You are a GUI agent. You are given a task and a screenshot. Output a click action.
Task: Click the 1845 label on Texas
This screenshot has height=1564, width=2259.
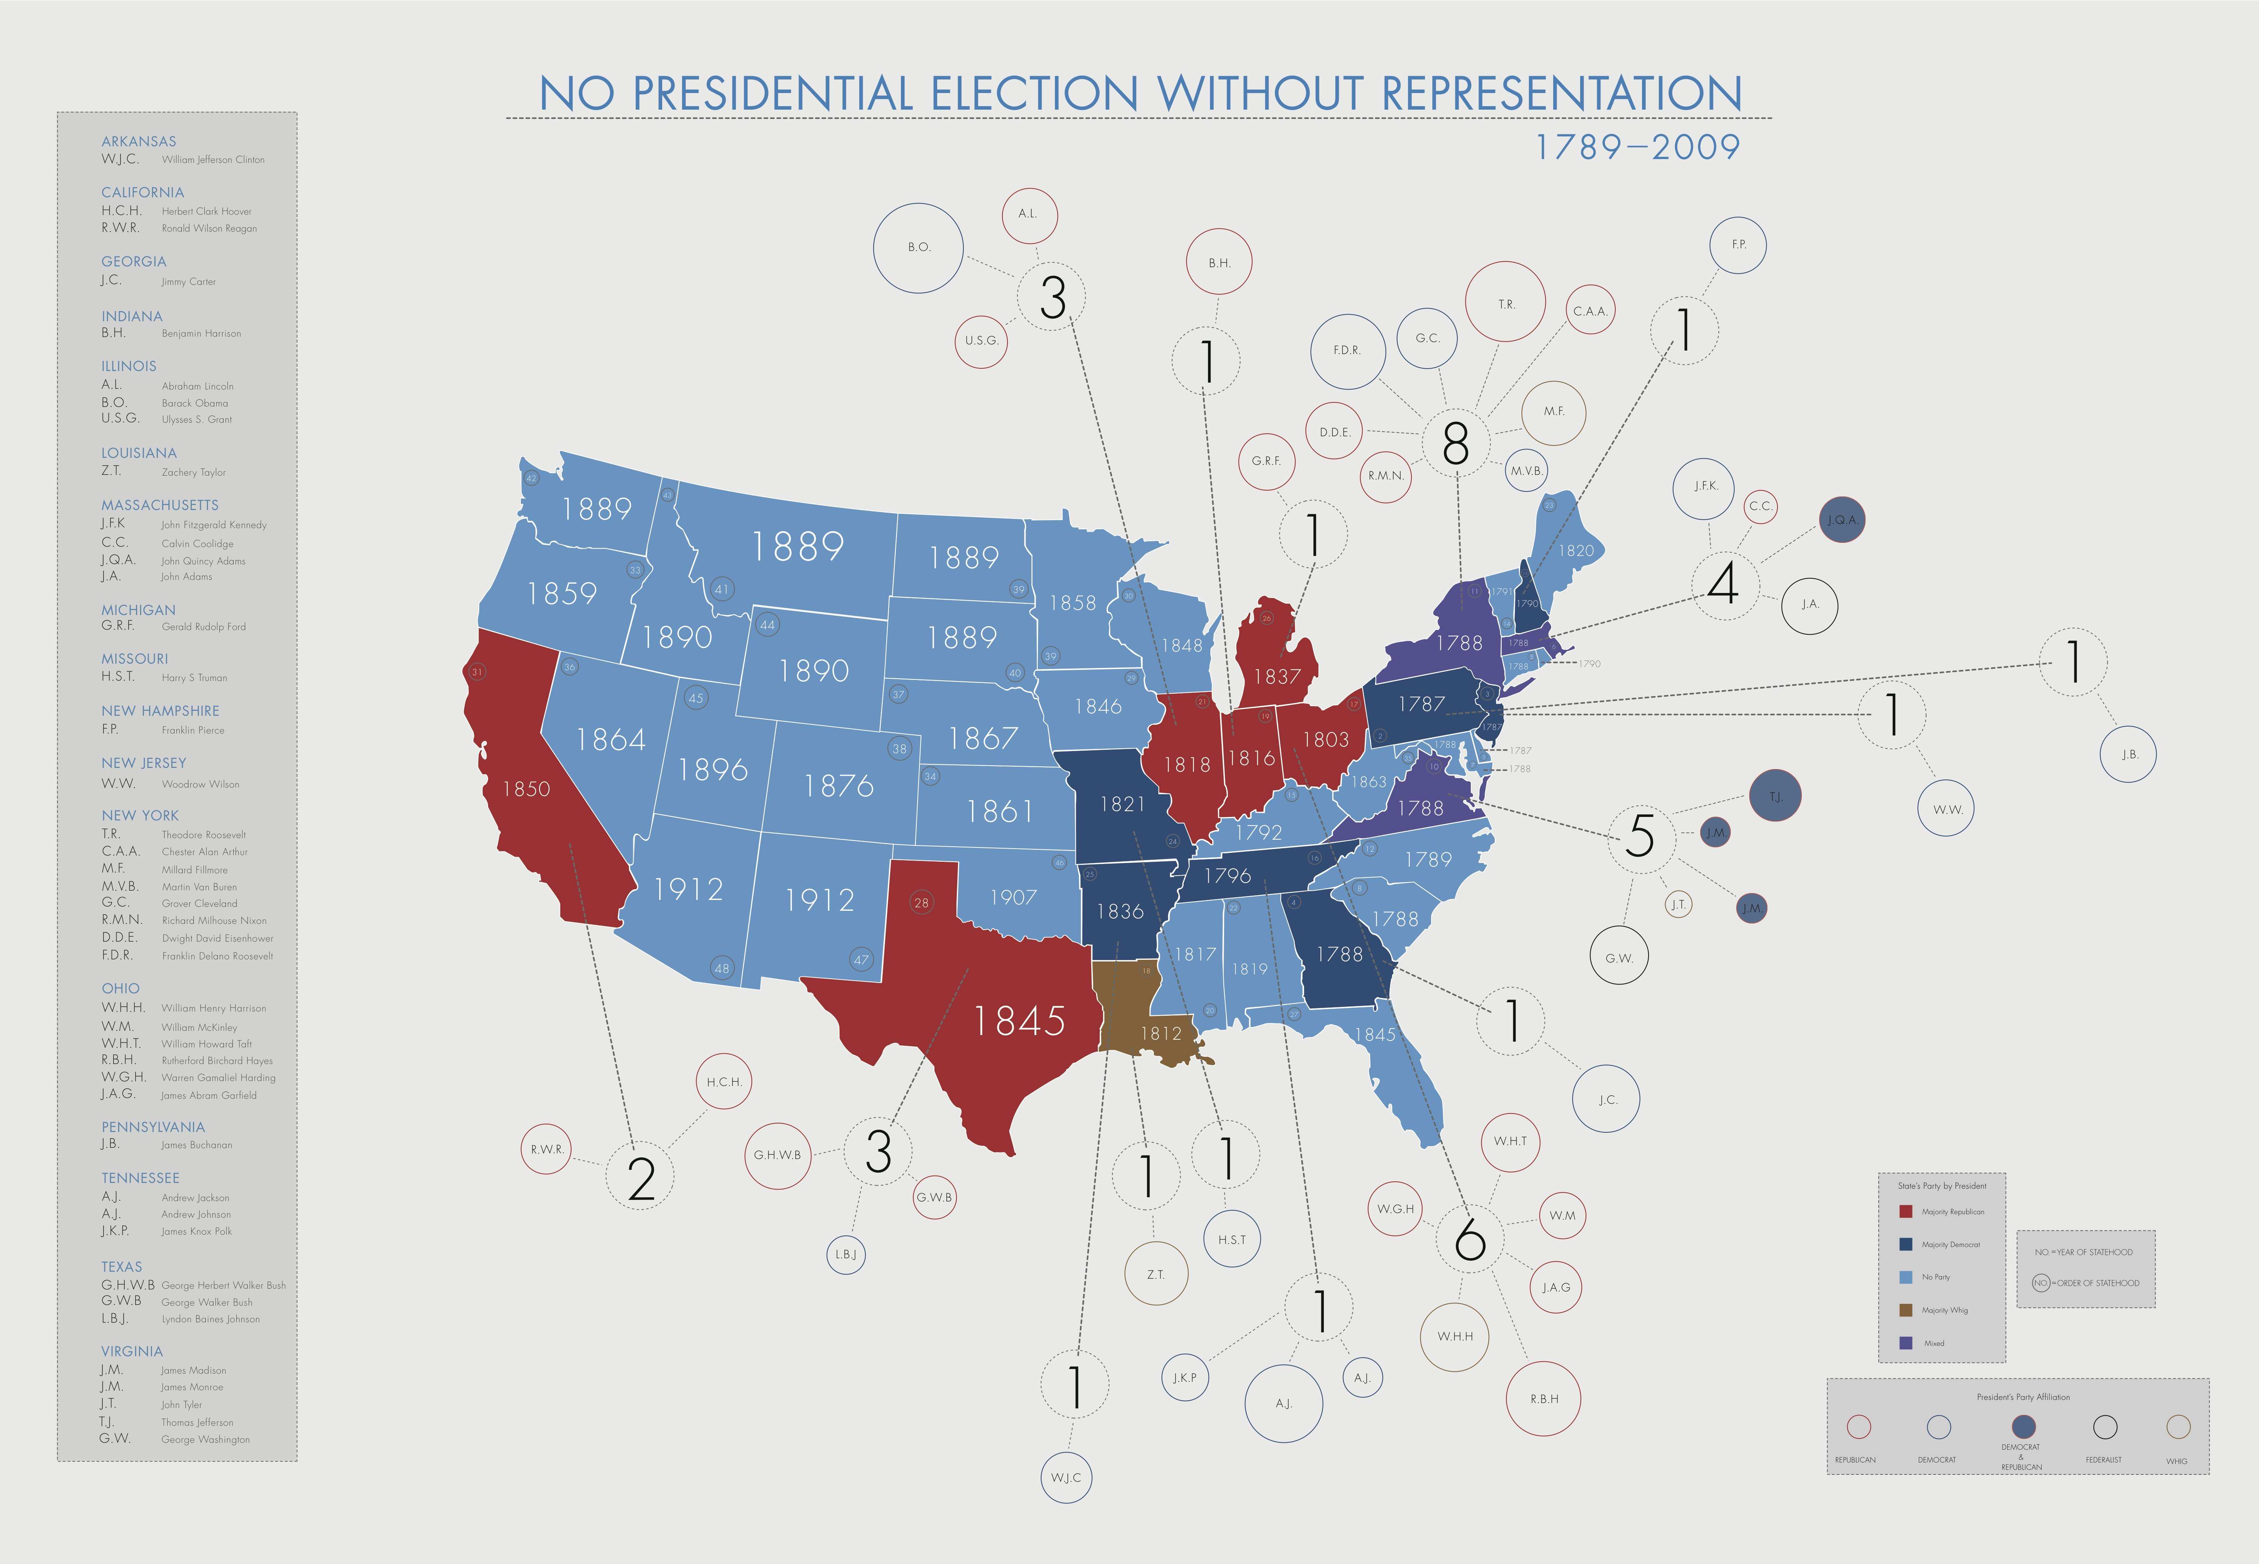(x=1019, y=1021)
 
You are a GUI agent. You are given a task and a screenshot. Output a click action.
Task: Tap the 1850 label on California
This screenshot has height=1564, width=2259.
(x=526, y=789)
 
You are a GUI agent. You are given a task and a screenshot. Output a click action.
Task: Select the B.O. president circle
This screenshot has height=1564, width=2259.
(x=918, y=247)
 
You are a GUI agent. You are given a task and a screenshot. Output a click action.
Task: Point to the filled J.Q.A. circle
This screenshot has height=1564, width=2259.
(x=1842, y=520)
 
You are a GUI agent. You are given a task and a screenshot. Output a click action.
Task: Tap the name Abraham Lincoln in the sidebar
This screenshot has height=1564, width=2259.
(x=197, y=386)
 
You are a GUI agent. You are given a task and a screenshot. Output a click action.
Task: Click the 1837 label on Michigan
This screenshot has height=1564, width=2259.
(x=1277, y=676)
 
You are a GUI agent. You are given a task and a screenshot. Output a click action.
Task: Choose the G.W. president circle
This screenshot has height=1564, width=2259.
(x=1619, y=957)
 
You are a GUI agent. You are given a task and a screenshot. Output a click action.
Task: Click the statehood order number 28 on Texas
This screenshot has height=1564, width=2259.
(x=921, y=903)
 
